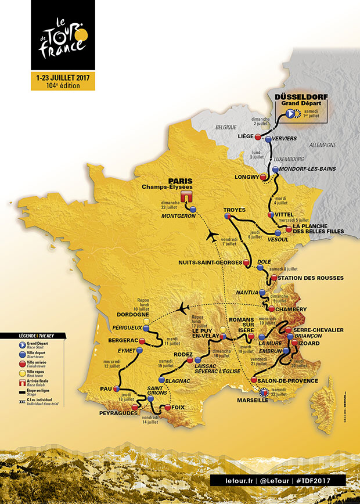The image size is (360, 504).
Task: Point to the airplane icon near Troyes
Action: (212, 234)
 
